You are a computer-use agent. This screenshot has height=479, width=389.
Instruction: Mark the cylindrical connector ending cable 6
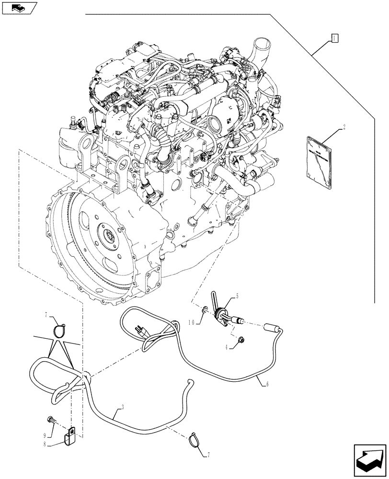274,327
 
